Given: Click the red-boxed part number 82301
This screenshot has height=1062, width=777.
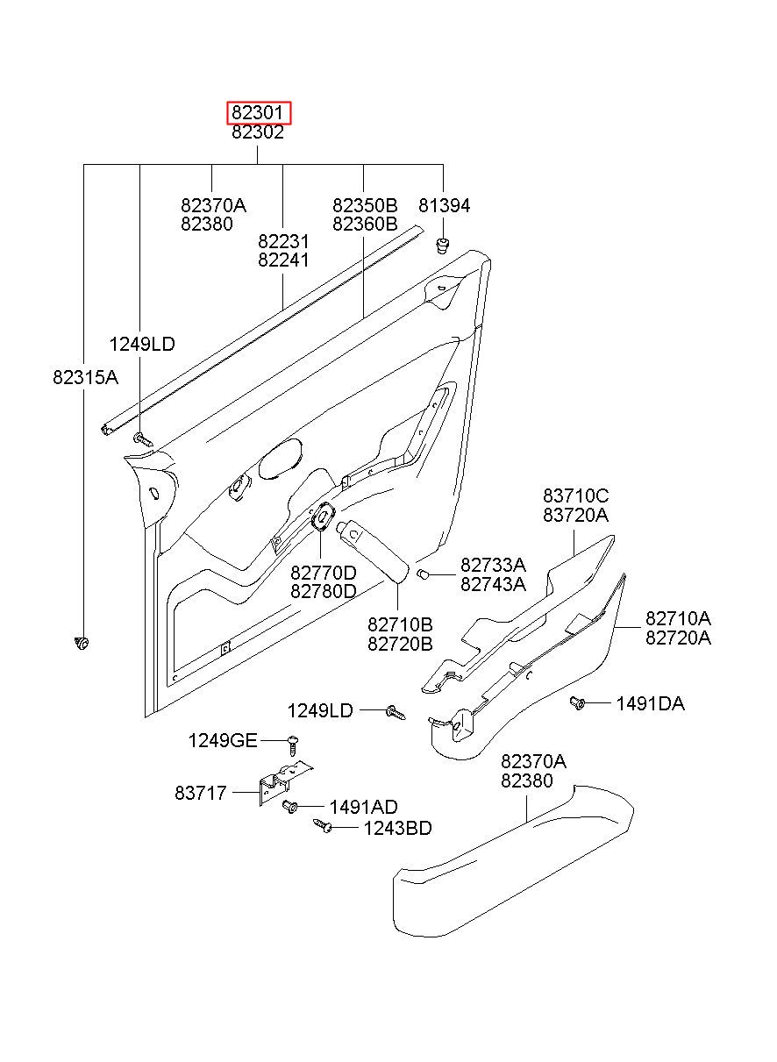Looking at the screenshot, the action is [x=258, y=113].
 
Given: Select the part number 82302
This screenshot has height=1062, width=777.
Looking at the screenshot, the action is [x=258, y=132].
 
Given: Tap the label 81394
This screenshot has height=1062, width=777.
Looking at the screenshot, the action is [x=445, y=205].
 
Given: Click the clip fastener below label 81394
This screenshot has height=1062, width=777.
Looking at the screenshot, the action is [x=442, y=246].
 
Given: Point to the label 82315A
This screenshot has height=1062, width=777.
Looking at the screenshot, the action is [x=85, y=377].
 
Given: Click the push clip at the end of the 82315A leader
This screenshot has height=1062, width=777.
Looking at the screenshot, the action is [x=82, y=643].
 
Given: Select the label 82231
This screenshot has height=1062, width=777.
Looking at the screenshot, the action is [x=283, y=241].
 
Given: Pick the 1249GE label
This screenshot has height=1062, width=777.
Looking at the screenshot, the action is [x=223, y=740].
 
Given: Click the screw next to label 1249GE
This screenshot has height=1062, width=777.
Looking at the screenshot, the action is [x=293, y=745].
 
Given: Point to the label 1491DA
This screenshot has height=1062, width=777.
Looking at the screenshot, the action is [x=651, y=703].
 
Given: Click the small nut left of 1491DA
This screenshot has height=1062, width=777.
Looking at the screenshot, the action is [x=577, y=703].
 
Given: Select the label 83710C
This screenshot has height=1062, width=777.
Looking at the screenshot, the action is [x=576, y=495].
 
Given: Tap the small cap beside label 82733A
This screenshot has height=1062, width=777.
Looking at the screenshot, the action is [x=423, y=574].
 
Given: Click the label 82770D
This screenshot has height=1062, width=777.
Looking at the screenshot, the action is [x=324, y=573].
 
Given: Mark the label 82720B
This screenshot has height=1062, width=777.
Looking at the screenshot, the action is [x=400, y=644].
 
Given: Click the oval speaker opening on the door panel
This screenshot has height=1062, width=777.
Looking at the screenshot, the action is [x=280, y=459].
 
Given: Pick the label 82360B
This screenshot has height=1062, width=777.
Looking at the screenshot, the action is [x=365, y=224].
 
